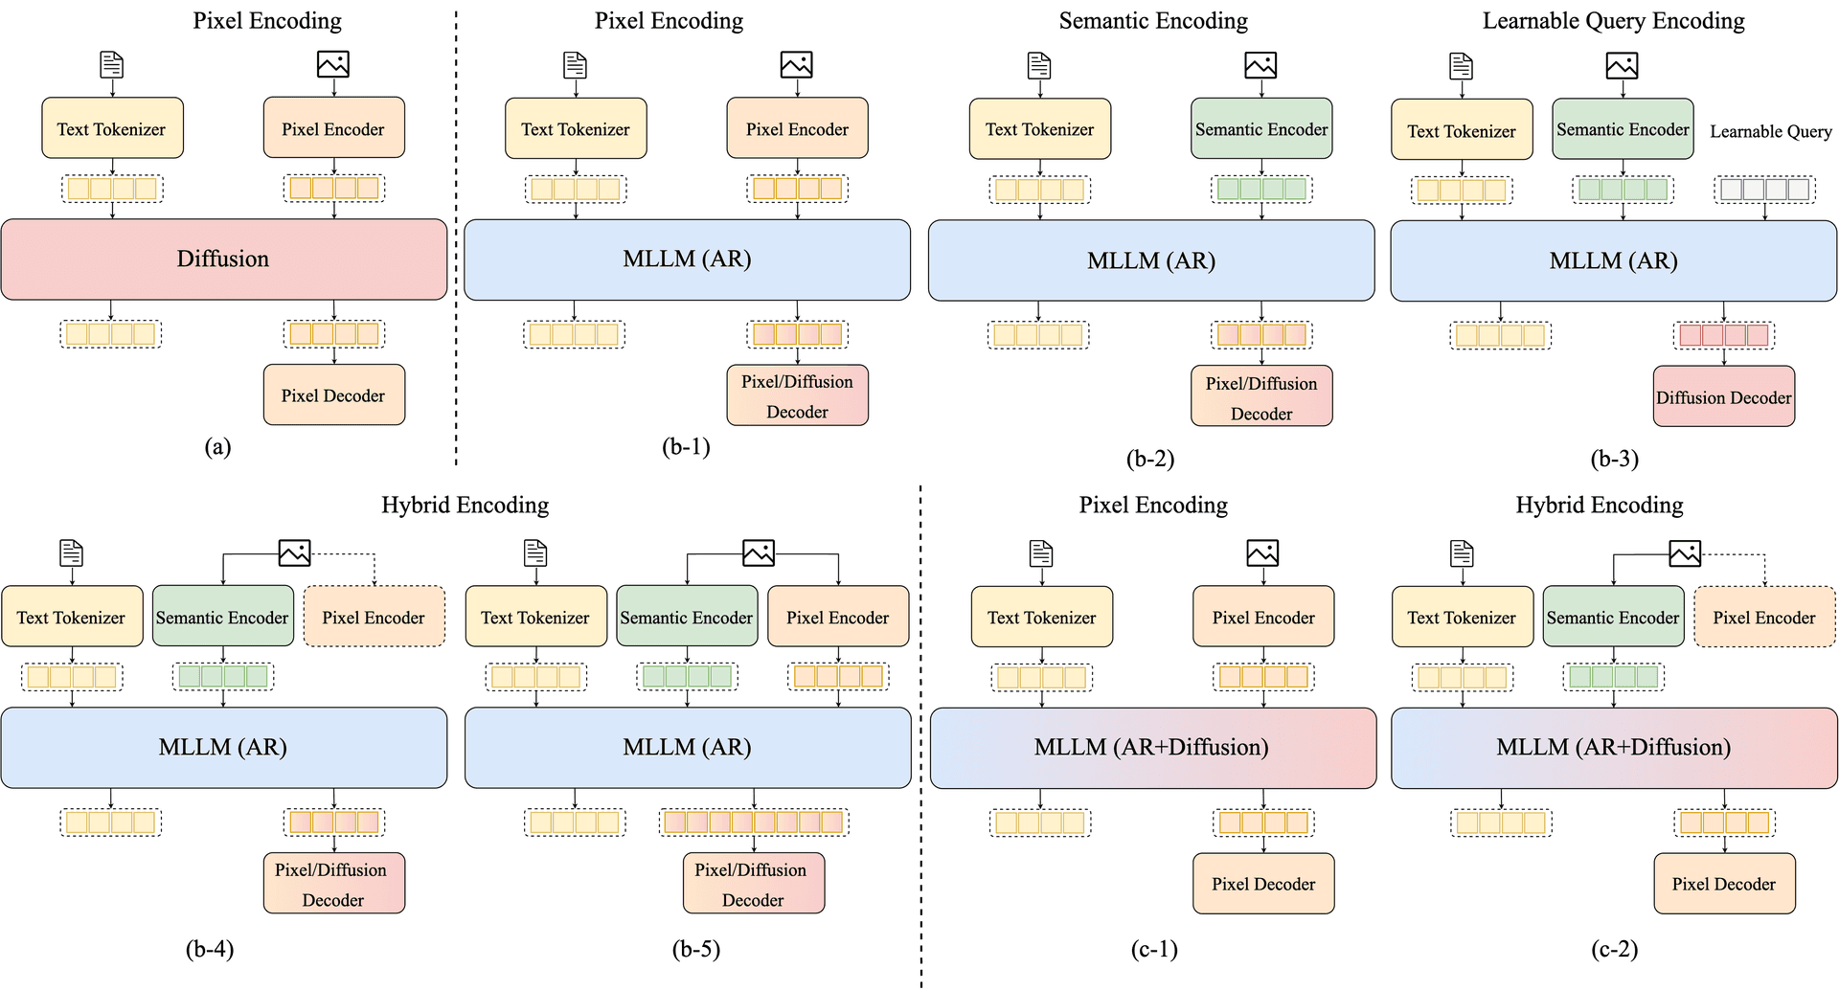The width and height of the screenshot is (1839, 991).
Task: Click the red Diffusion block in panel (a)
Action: click(224, 259)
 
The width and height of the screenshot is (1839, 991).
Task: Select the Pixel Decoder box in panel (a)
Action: click(334, 394)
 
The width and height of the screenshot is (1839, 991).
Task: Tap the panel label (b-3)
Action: click(1615, 459)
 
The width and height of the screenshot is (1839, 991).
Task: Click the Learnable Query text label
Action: click(1771, 131)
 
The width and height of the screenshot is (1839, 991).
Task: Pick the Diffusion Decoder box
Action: click(1724, 396)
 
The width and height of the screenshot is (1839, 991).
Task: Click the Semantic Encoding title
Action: click(1153, 21)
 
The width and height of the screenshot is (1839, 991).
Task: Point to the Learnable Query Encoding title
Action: click(1614, 21)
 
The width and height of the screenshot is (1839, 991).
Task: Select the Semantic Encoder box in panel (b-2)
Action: click(1261, 128)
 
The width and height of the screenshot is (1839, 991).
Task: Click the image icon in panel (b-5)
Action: click(759, 553)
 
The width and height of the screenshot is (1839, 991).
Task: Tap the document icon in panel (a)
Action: click(112, 64)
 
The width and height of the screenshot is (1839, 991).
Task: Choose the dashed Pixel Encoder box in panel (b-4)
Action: click(375, 617)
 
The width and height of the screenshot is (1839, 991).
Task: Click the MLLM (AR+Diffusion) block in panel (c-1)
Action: click(1153, 748)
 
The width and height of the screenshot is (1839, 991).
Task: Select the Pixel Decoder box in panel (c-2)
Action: click(1724, 884)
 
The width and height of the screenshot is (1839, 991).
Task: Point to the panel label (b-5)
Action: click(696, 949)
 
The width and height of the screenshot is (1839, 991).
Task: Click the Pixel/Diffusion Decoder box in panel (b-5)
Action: click(754, 884)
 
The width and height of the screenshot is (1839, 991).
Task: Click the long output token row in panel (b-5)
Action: click(754, 822)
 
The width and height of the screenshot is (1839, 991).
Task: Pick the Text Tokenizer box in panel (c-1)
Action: click(1042, 617)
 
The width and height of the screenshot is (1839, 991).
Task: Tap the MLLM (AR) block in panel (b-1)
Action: click(688, 259)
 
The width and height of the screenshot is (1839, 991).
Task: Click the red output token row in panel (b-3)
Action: click(1724, 335)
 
